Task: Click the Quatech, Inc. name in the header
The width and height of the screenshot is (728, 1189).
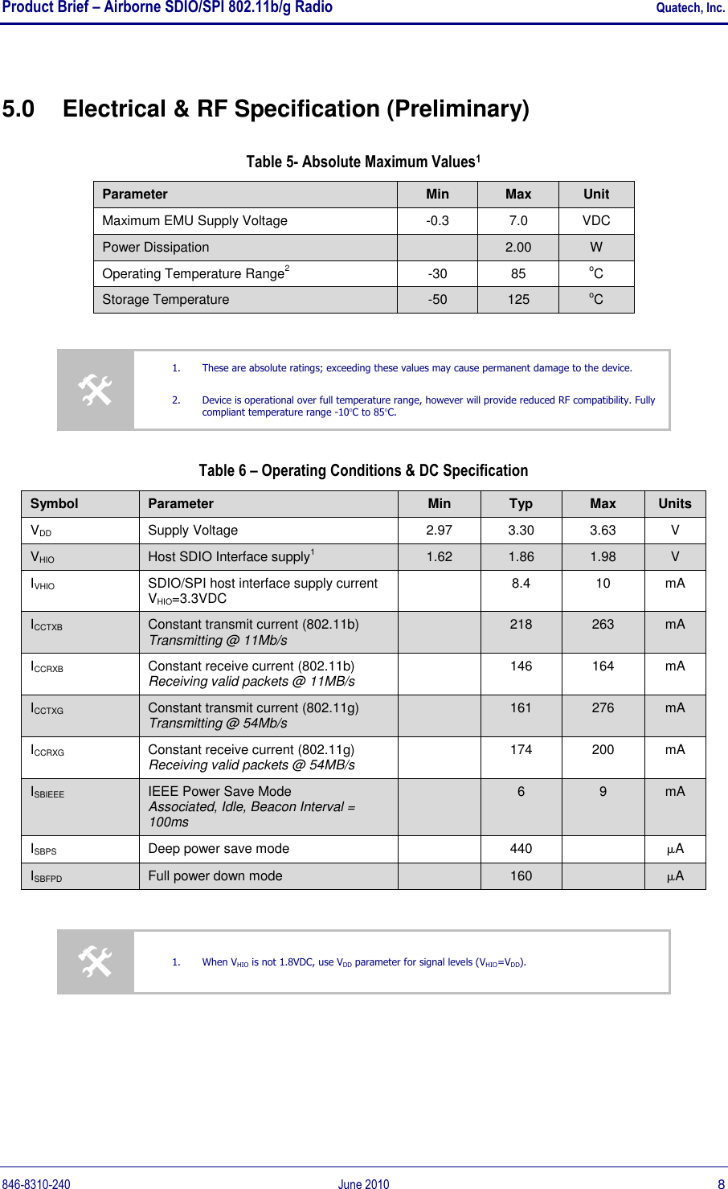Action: [690, 8]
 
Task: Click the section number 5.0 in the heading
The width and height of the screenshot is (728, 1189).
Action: [18, 109]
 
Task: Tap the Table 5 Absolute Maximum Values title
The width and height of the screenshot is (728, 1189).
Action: [363, 162]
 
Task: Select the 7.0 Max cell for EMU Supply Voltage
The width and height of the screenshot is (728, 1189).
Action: [518, 221]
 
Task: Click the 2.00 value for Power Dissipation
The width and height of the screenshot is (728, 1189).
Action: [518, 248]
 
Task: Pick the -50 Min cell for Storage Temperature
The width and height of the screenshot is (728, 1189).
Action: [437, 300]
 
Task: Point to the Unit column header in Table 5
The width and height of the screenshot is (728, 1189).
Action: [596, 195]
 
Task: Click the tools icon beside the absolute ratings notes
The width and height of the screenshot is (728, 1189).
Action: [95, 391]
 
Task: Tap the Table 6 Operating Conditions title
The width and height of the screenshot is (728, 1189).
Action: [363, 471]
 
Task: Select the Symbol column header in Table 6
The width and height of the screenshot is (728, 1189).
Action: [54, 504]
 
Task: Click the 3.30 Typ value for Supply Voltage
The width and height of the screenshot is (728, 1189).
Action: [521, 531]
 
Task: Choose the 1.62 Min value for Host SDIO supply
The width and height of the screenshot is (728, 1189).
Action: [439, 557]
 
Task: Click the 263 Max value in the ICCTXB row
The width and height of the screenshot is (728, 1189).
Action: [603, 625]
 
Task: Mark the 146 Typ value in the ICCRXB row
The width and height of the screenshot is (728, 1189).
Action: [521, 666]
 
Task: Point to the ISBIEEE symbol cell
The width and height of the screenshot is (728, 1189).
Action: [47, 793]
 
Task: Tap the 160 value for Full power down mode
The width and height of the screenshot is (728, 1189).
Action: [521, 876]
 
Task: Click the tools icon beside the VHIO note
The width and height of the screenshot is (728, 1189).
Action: [95, 962]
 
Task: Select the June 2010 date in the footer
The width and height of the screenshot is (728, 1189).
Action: [363, 1184]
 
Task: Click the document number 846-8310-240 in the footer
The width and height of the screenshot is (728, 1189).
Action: [36, 1184]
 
